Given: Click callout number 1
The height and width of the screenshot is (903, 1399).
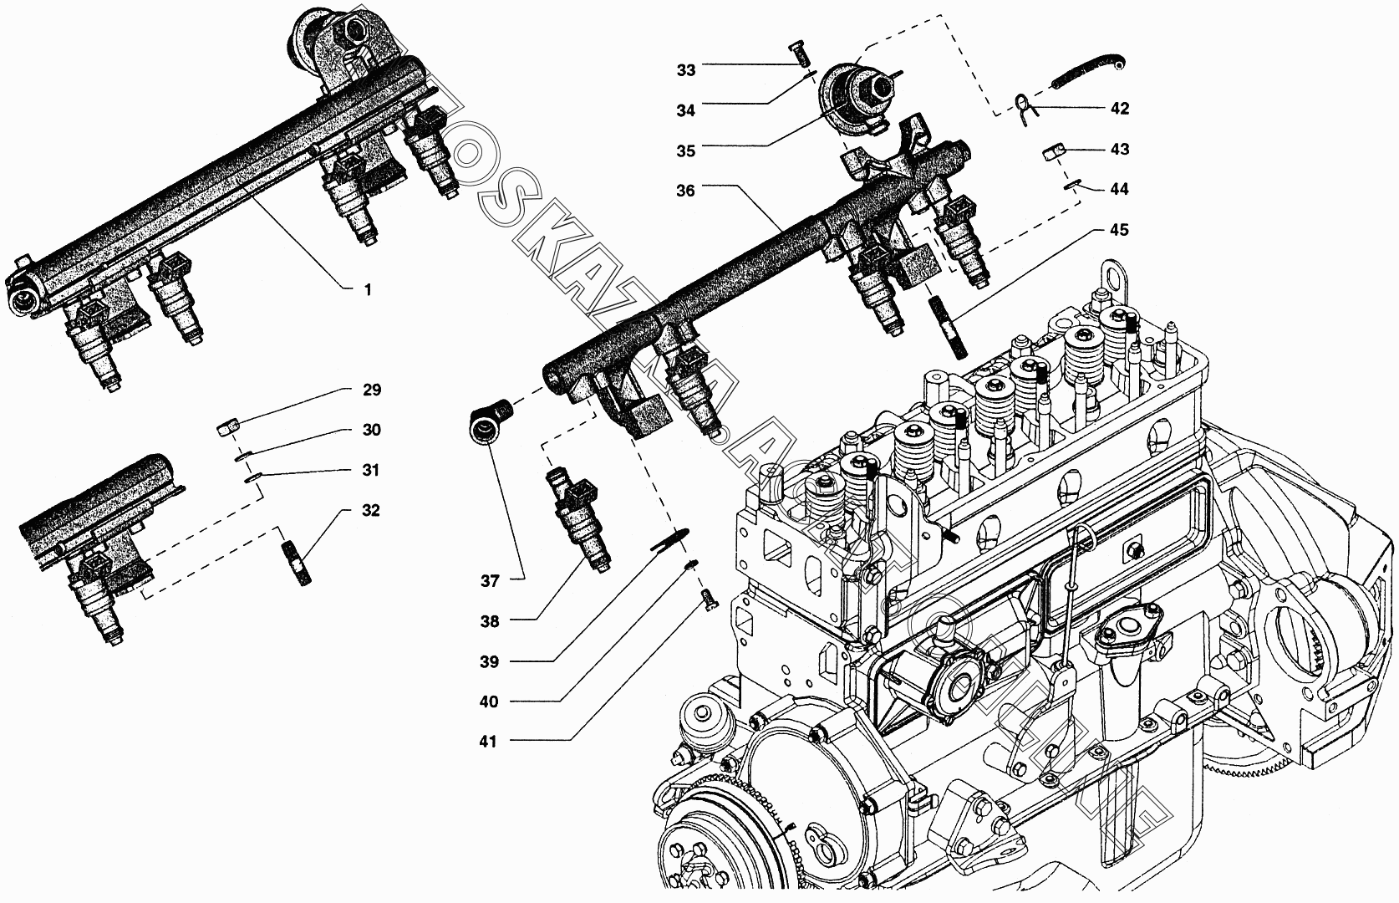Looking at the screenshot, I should click(x=367, y=290).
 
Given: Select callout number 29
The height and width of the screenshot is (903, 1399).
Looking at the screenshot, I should click(x=371, y=390).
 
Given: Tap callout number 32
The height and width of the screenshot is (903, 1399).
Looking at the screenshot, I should click(x=371, y=511).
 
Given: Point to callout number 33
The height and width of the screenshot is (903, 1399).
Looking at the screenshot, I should click(x=685, y=70).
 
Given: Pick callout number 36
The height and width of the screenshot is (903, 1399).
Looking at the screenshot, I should click(x=685, y=191).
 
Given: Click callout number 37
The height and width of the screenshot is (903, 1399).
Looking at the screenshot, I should click(x=489, y=581).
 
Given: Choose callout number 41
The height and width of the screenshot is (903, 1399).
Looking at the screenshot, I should click(x=488, y=742).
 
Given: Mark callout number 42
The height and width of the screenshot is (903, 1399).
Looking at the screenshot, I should click(x=1119, y=109).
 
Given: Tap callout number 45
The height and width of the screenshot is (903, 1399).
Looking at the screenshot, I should click(x=1119, y=230).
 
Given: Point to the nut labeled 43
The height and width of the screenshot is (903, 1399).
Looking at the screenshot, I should click(x=1054, y=152).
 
